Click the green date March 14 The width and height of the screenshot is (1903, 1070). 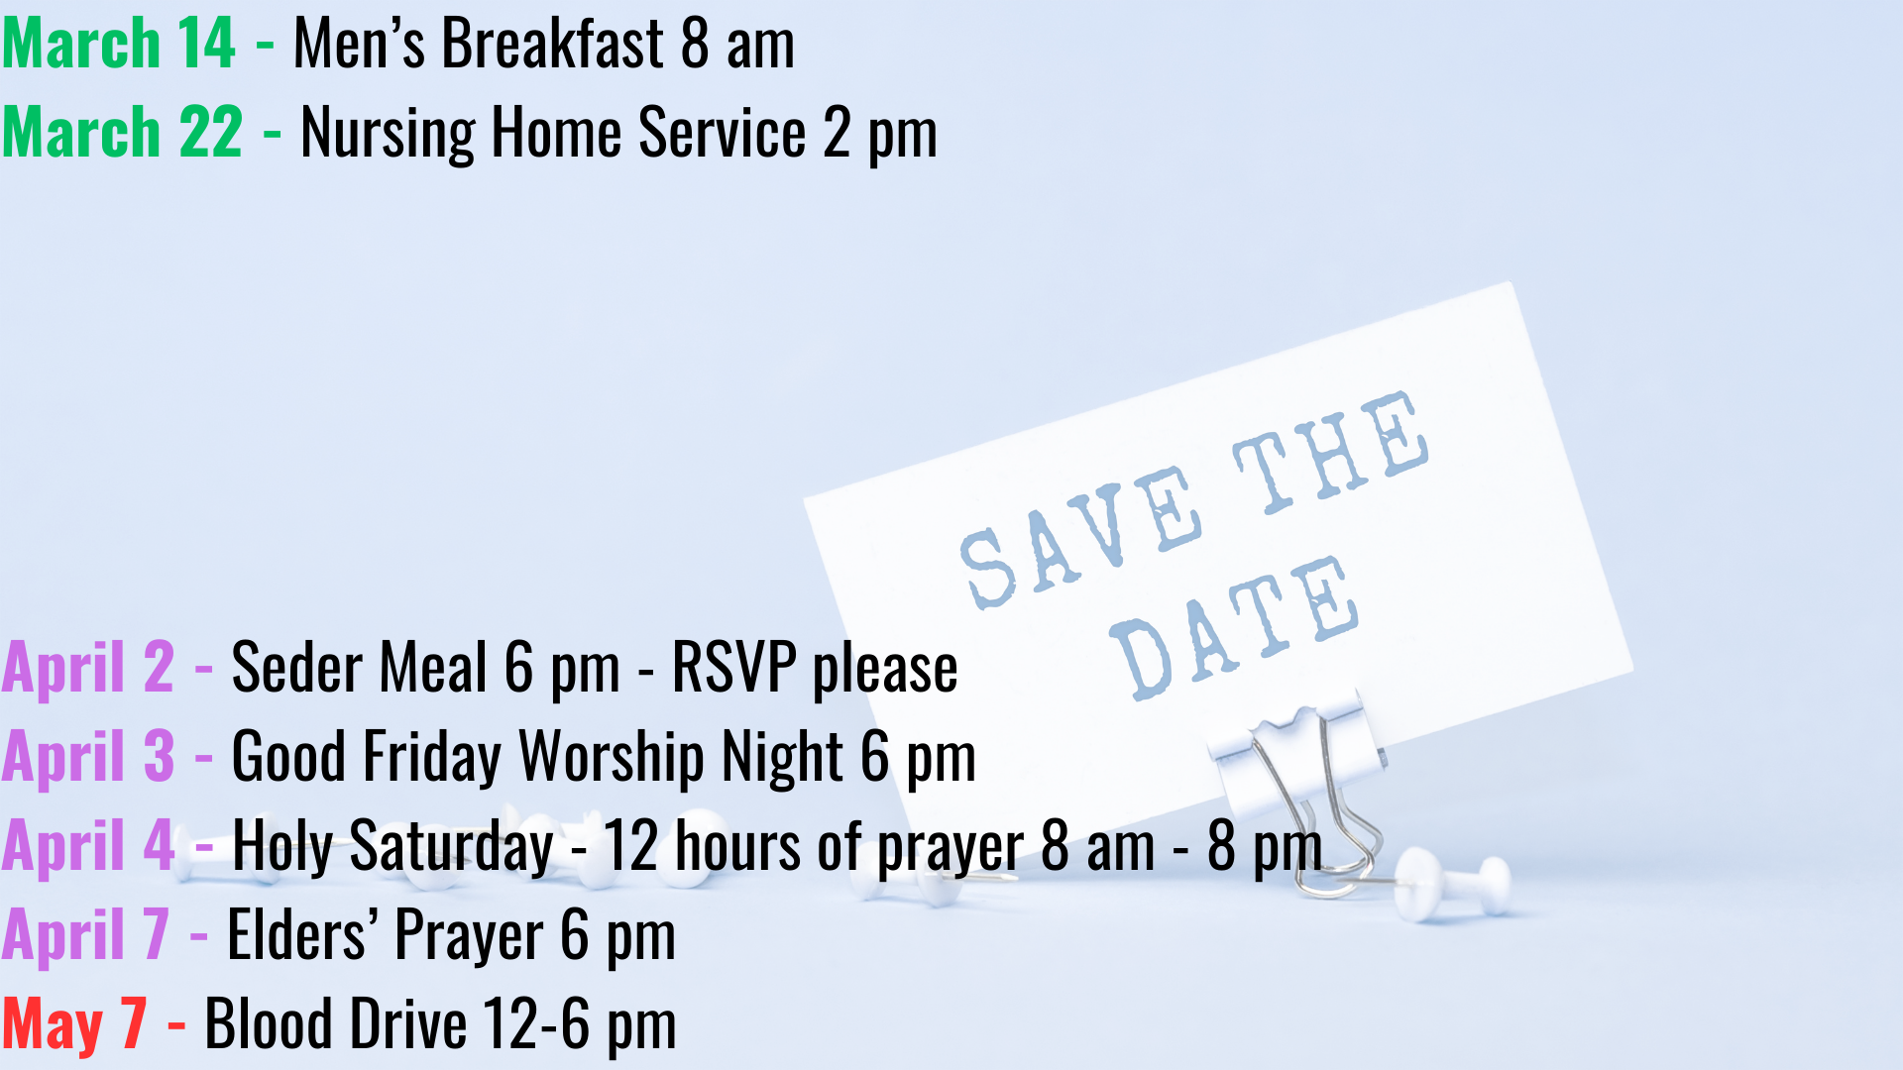118,45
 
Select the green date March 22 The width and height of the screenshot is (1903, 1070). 122,133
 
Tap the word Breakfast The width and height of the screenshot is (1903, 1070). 553,45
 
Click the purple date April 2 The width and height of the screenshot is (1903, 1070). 88,668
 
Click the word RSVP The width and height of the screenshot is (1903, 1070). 733,668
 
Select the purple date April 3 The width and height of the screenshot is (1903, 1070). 88,757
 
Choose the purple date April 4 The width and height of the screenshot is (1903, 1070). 88,847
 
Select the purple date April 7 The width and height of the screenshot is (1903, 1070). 86,936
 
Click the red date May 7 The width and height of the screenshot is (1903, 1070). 74,1025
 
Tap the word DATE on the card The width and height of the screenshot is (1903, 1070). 1234,628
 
